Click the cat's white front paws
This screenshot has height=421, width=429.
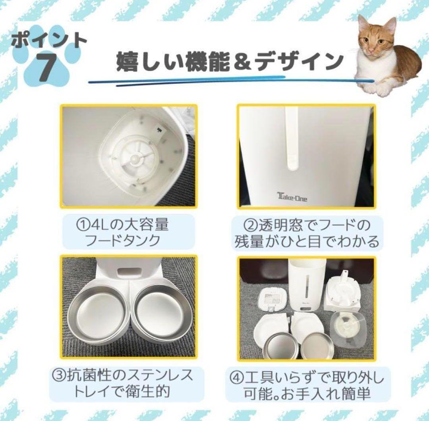[375, 88]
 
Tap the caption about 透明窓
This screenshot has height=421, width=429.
[306, 233]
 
